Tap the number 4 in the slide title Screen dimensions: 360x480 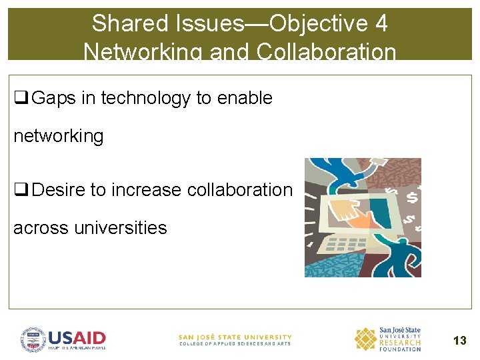(381, 23)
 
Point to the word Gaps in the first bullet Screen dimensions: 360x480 (54, 98)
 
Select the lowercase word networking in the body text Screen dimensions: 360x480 (59, 136)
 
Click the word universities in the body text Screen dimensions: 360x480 (120, 228)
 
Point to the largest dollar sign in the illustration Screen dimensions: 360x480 (412, 197)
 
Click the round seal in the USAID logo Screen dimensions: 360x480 (32, 339)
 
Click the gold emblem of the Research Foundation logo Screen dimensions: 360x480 (365, 339)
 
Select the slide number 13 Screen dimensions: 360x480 (459, 341)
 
